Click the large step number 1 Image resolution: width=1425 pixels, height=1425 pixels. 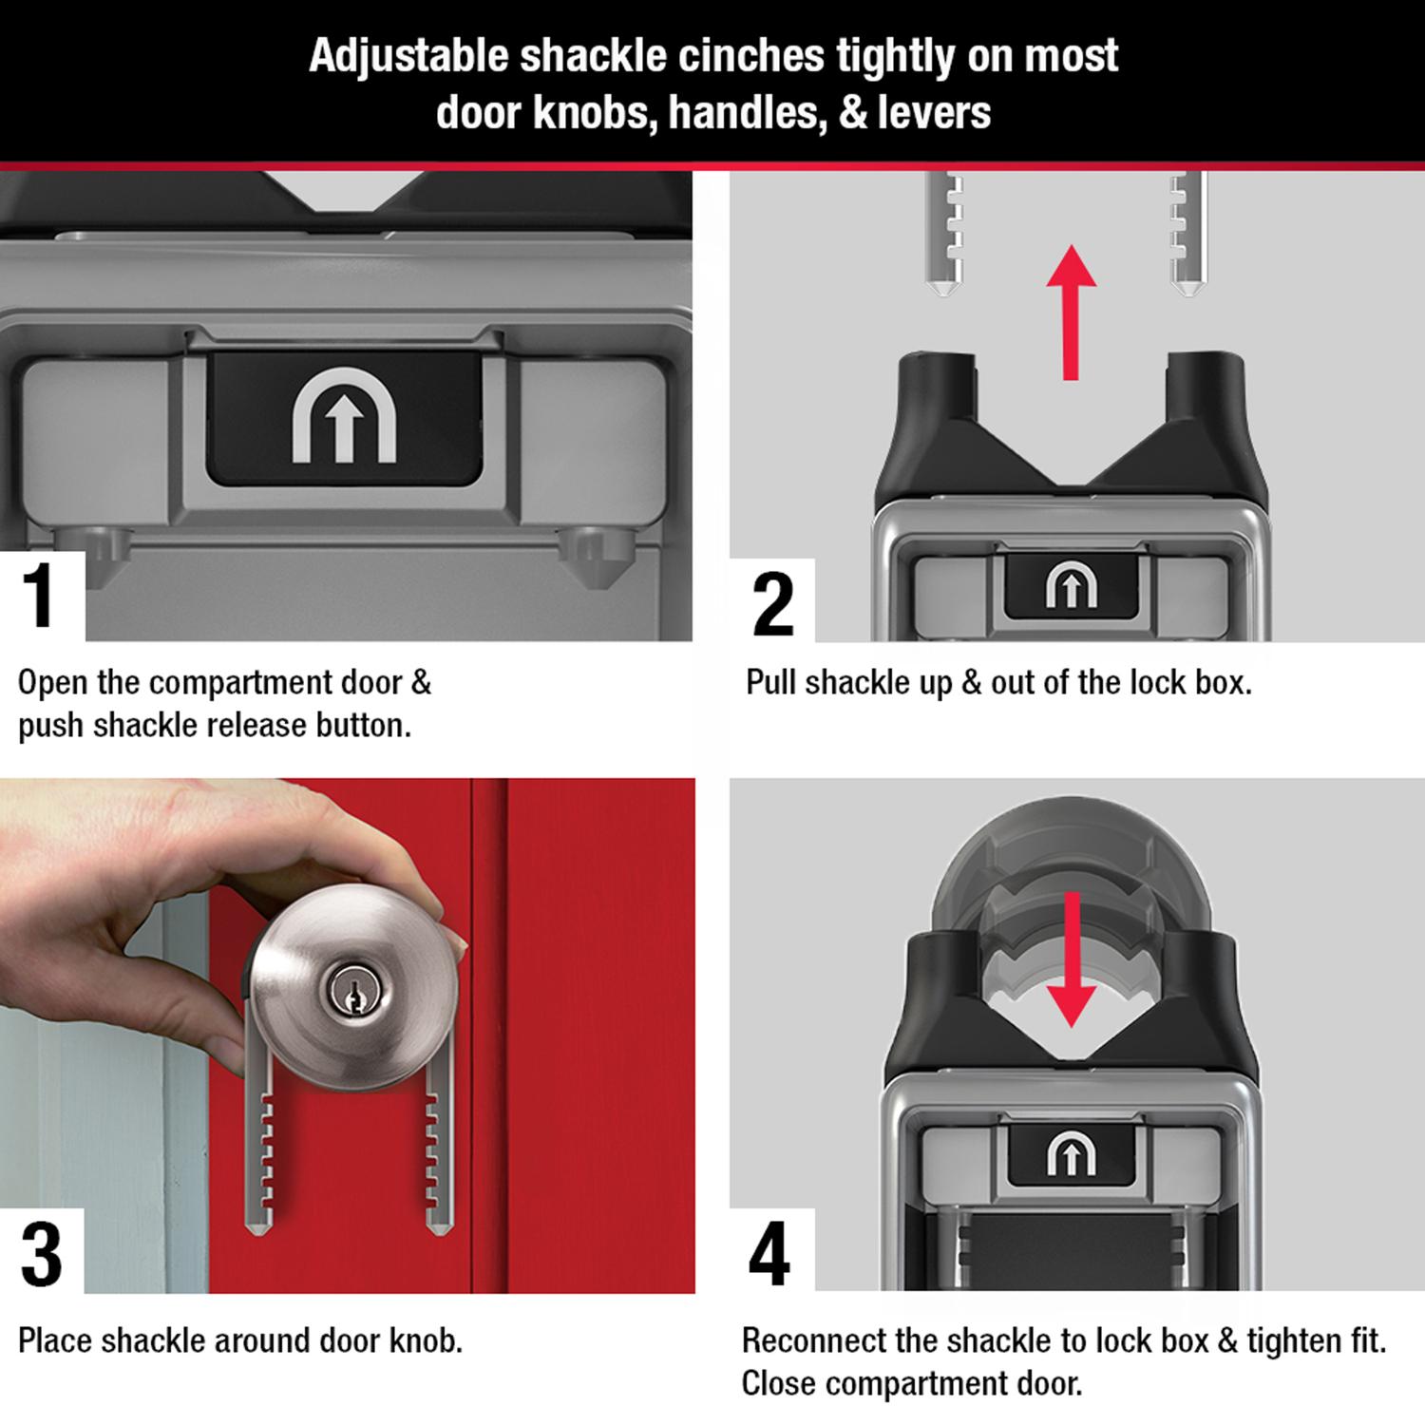point(40,597)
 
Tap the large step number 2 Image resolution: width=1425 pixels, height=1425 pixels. point(771,603)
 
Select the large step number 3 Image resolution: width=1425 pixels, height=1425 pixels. point(41,1255)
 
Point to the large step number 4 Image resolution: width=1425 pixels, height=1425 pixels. point(769,1254)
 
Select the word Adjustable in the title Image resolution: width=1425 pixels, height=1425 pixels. point(408,56)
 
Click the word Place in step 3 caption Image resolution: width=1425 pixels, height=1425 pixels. point(55,1340)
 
